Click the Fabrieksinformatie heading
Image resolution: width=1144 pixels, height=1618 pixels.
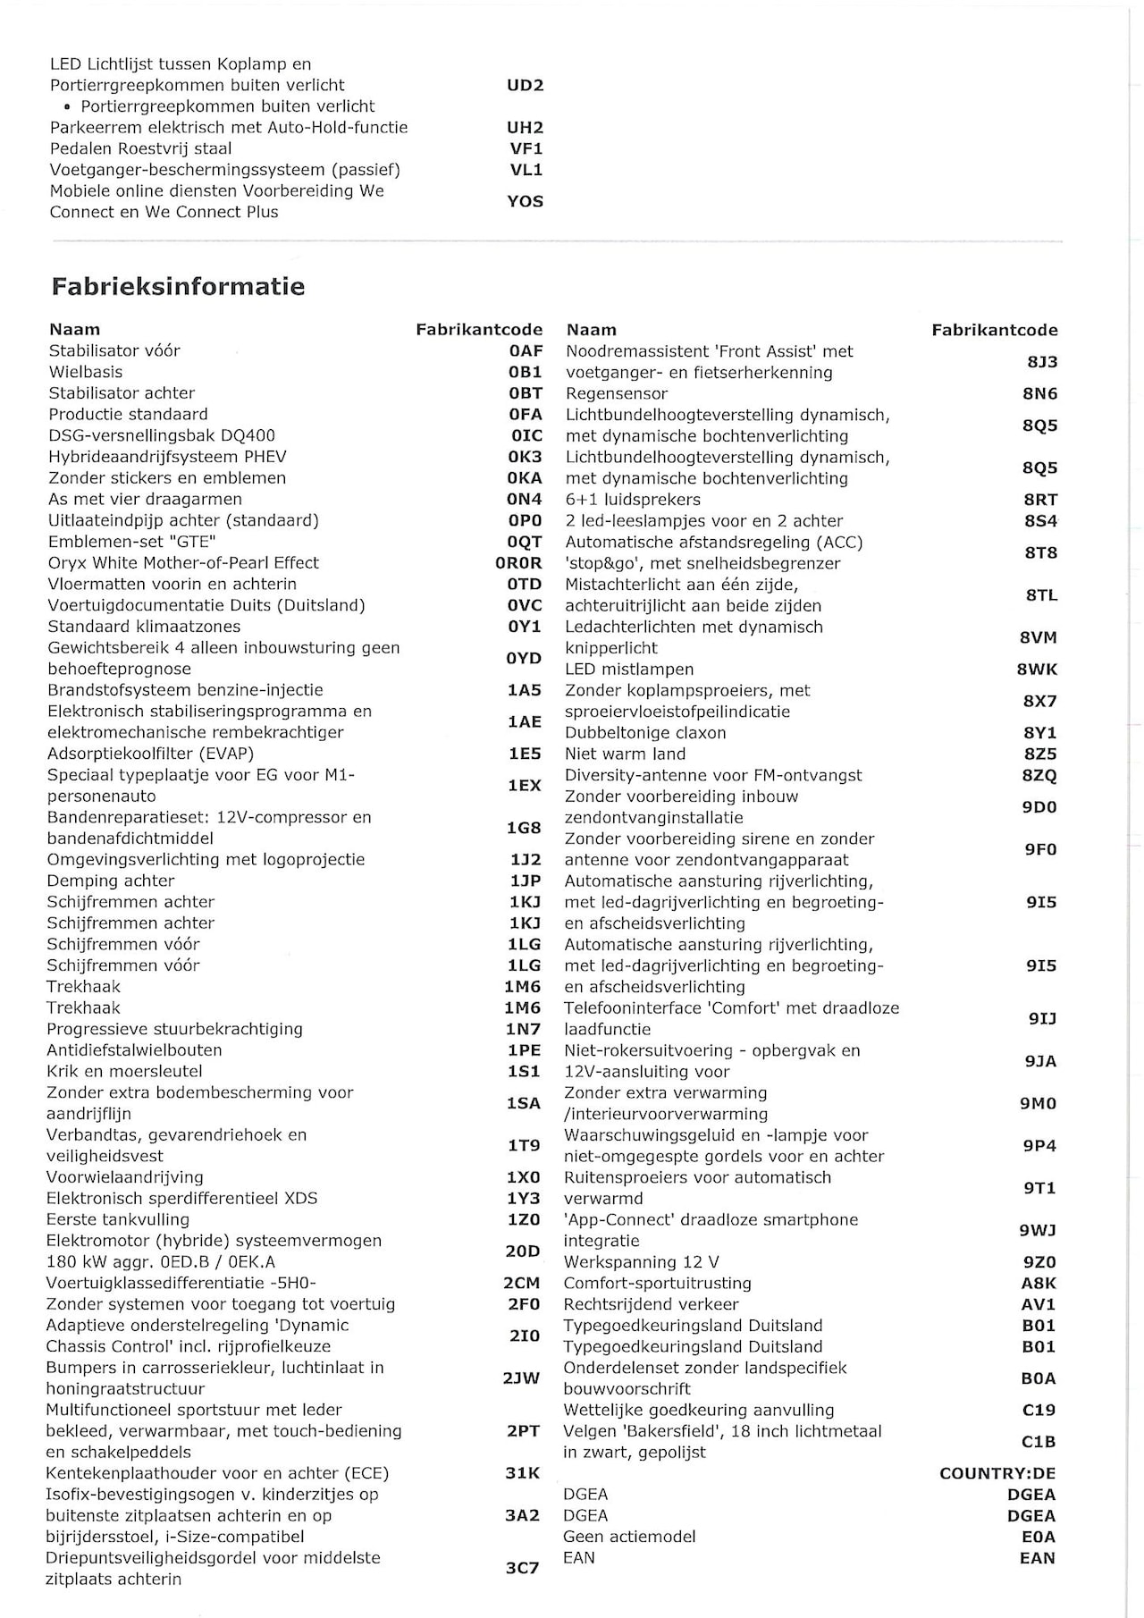[x=178, y=287]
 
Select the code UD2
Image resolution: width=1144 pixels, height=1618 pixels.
[x=525, y=86]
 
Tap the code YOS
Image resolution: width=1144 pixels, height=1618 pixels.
[x=525, y=201]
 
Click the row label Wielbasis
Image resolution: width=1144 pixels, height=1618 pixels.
[x=86, y=372]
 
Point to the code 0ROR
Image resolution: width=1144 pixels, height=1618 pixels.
[x=518, y=563]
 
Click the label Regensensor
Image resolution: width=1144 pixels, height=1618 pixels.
[x=617, y=393]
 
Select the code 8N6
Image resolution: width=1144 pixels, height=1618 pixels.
[x=1040, y=393]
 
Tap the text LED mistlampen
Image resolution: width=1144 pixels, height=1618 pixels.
[x=629, y=670]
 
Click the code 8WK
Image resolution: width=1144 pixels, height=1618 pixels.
[x=1037, y=670]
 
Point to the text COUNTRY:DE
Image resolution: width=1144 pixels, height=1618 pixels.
[x=997, y=1473]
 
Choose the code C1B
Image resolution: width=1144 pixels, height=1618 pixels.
[x=1039, y=1442]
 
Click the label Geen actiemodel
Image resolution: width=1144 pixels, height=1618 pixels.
[x=629, y=1537]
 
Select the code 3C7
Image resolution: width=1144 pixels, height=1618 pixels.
[x=522, y=1568]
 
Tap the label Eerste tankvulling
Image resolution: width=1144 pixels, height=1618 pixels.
[x=118, y=1219]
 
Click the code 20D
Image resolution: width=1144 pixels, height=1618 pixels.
[x=523, y=1251]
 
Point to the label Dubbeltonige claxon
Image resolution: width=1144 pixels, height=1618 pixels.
[x=645, y=733]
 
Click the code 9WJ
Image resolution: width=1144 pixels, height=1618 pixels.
[x=1038, y=1231]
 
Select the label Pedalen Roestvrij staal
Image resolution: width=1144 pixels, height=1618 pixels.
[x=140, y=149]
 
